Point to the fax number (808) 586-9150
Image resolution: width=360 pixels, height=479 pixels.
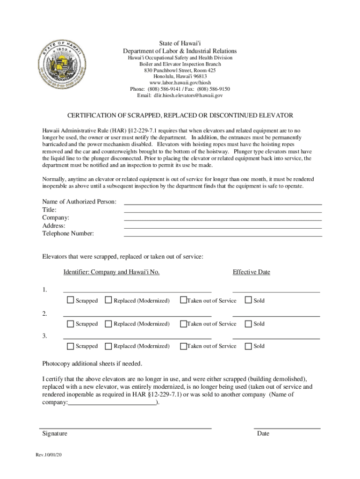tap(213, 89)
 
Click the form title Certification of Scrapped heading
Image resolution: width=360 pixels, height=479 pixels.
tap(180, 115)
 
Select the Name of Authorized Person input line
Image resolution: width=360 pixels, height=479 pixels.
tap(223, 202)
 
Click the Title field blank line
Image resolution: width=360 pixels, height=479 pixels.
tap(223, 210)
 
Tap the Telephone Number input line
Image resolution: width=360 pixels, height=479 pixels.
tap(223, 234)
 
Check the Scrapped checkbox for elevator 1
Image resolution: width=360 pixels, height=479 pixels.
tap(70, 300)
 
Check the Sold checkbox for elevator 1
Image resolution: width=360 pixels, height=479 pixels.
tap(248, 300)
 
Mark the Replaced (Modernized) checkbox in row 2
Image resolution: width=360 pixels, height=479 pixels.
tap(108, 324)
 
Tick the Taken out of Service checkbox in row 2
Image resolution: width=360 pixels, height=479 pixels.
tap(183, 324)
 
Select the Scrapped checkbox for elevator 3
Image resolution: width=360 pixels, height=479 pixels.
tap(70, 346)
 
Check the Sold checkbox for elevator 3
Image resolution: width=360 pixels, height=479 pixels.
tap(248, 346)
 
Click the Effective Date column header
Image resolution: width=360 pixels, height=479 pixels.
tap(251, 272)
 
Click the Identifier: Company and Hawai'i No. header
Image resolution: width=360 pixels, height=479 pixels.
tap(111, 272)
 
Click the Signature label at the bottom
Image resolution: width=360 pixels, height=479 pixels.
tap(55, 434)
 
